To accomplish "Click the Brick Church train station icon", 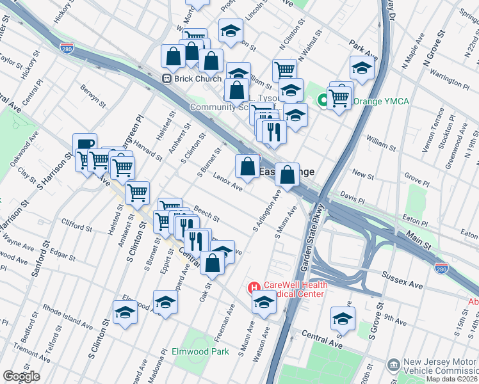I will point(166,79).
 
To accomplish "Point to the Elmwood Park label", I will point(200,351).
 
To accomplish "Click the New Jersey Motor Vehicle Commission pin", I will point(393,365).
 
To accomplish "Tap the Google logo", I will point(21,376).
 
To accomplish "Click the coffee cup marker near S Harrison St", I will point(85,144).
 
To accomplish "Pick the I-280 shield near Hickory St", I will point(67,47).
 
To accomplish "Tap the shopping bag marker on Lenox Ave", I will point(247,166).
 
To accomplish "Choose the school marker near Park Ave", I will point(362,67).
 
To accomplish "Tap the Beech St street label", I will point(206,214).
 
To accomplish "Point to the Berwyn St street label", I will point(93,97).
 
